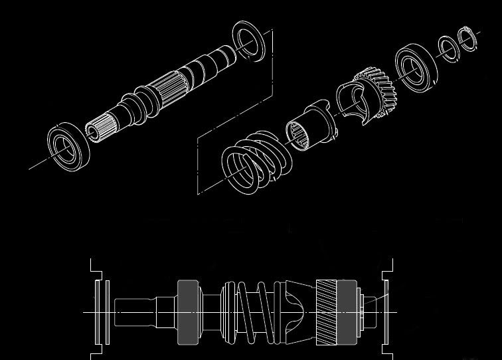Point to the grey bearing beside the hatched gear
[346, 312]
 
